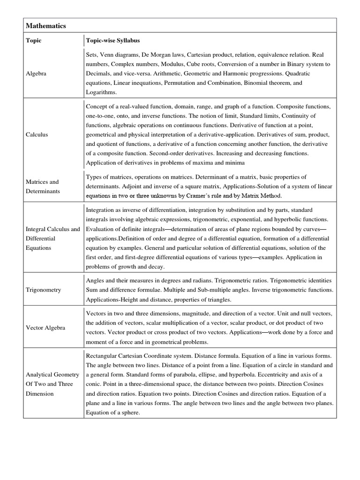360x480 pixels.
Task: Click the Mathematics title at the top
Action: coord(46,26)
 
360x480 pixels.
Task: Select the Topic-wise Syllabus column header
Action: coord(113,40)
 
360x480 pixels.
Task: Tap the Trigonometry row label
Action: coord(43,290)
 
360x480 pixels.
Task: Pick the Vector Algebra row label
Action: coord(45,328)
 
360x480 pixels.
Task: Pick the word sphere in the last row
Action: coord(130,412)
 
